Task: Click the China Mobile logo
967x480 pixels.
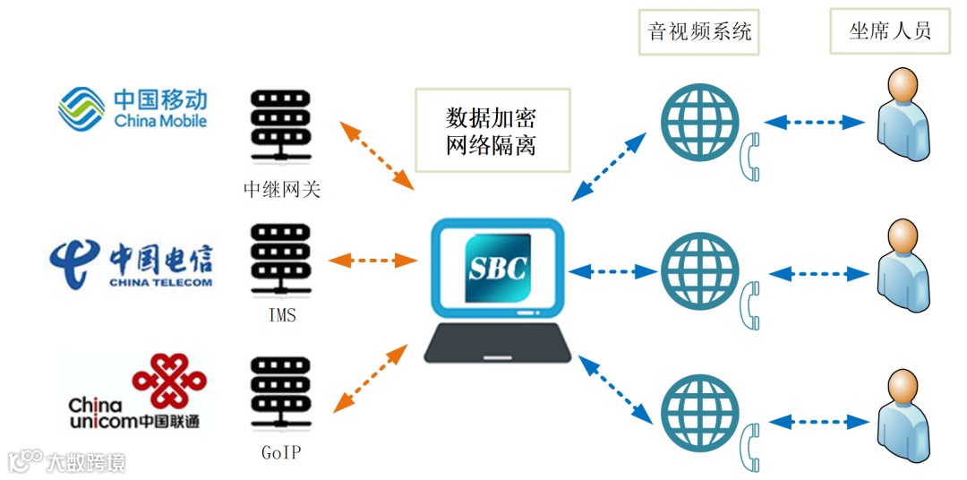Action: (x=133, y=107)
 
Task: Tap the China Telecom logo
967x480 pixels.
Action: (x=132, y=261)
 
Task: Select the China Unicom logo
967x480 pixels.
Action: (x=134, y=394)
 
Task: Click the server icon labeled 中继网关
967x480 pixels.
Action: (x=281, y=126)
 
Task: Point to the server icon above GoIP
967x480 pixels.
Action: (x=281, y=394)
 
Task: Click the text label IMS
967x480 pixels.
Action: (x=281, y=316)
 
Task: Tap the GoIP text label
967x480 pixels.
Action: (x=281, y=452)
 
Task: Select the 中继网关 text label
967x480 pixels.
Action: (x=281, y=189)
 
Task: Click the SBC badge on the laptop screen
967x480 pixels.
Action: (x=498, y=268)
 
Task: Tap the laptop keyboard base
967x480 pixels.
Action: (x=498, y=345)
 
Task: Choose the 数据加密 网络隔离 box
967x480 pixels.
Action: (x=492, y=131)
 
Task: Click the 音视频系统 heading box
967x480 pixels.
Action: (x=699, y=31)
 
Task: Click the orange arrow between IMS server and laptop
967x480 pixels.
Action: (x=373, y=261)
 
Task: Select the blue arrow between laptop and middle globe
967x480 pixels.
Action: (x=612, y=269)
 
